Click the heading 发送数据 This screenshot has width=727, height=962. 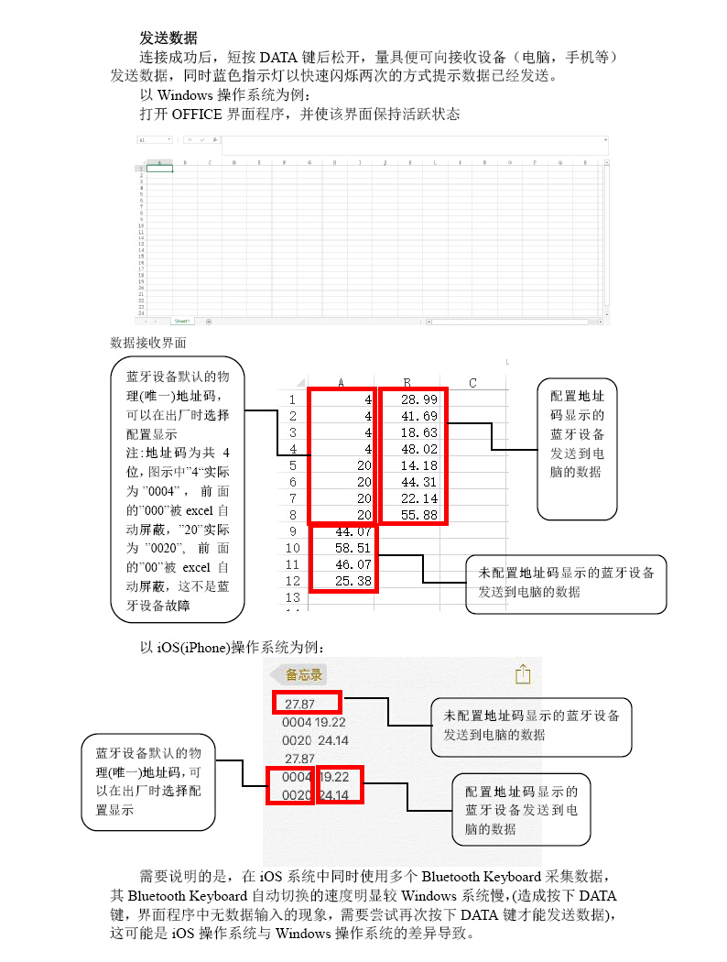pyautogui.click(x=168, y=38)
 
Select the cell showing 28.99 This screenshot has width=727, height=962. pyautogui.click(x=419, y=399)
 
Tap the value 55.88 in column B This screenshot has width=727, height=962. pyautogui.click(x=419, y=515)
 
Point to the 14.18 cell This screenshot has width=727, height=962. pyautogui.click(x=419, y=465)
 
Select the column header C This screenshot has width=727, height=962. pyautogui.click(x=472, y=383)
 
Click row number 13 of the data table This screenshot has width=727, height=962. pyautogui.click(x=292, y=596)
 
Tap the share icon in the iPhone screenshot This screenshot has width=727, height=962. pyautogui.click(x=523, y=674)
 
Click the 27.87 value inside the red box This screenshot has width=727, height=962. pyautogui.click(x=300, y=705)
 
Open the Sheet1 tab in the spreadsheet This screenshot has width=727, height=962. pyautogui.click(x=182, y=322)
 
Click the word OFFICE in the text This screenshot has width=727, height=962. pyautogui.click(x=197, y=115)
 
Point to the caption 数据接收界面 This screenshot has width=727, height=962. pyautogui.click(x=147, y=343)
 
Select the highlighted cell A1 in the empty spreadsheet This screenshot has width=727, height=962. pyautogui.click(x=159, y=169)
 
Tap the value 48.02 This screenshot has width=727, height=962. pyautogui.click(x=419, y=449)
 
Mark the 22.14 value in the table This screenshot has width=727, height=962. pyautogui.click(x=419, y=498)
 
